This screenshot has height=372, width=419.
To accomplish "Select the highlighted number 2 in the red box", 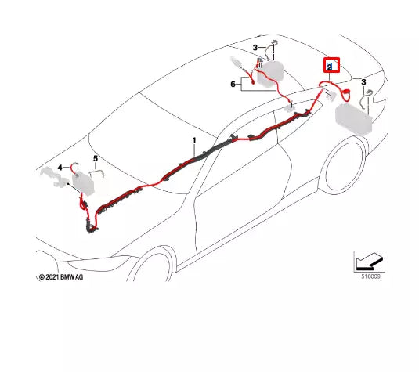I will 331,66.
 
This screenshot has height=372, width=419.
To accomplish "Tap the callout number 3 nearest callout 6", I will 255,49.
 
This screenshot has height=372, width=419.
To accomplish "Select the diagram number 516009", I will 372,276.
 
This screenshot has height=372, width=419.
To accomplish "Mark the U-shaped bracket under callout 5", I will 95,177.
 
